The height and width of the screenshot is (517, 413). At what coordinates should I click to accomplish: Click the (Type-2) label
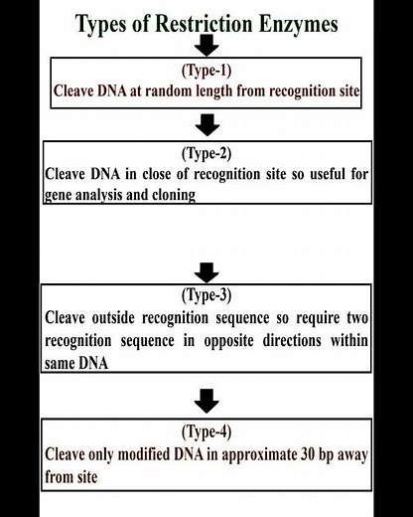coord(206,154)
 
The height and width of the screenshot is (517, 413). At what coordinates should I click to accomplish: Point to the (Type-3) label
coord(206,296)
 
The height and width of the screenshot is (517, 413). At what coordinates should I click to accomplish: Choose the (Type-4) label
coord(206,432)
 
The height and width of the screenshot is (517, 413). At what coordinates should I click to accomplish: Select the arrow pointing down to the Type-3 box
coord(206,270)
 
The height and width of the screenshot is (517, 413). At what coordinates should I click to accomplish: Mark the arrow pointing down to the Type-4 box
coord(206,401)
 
